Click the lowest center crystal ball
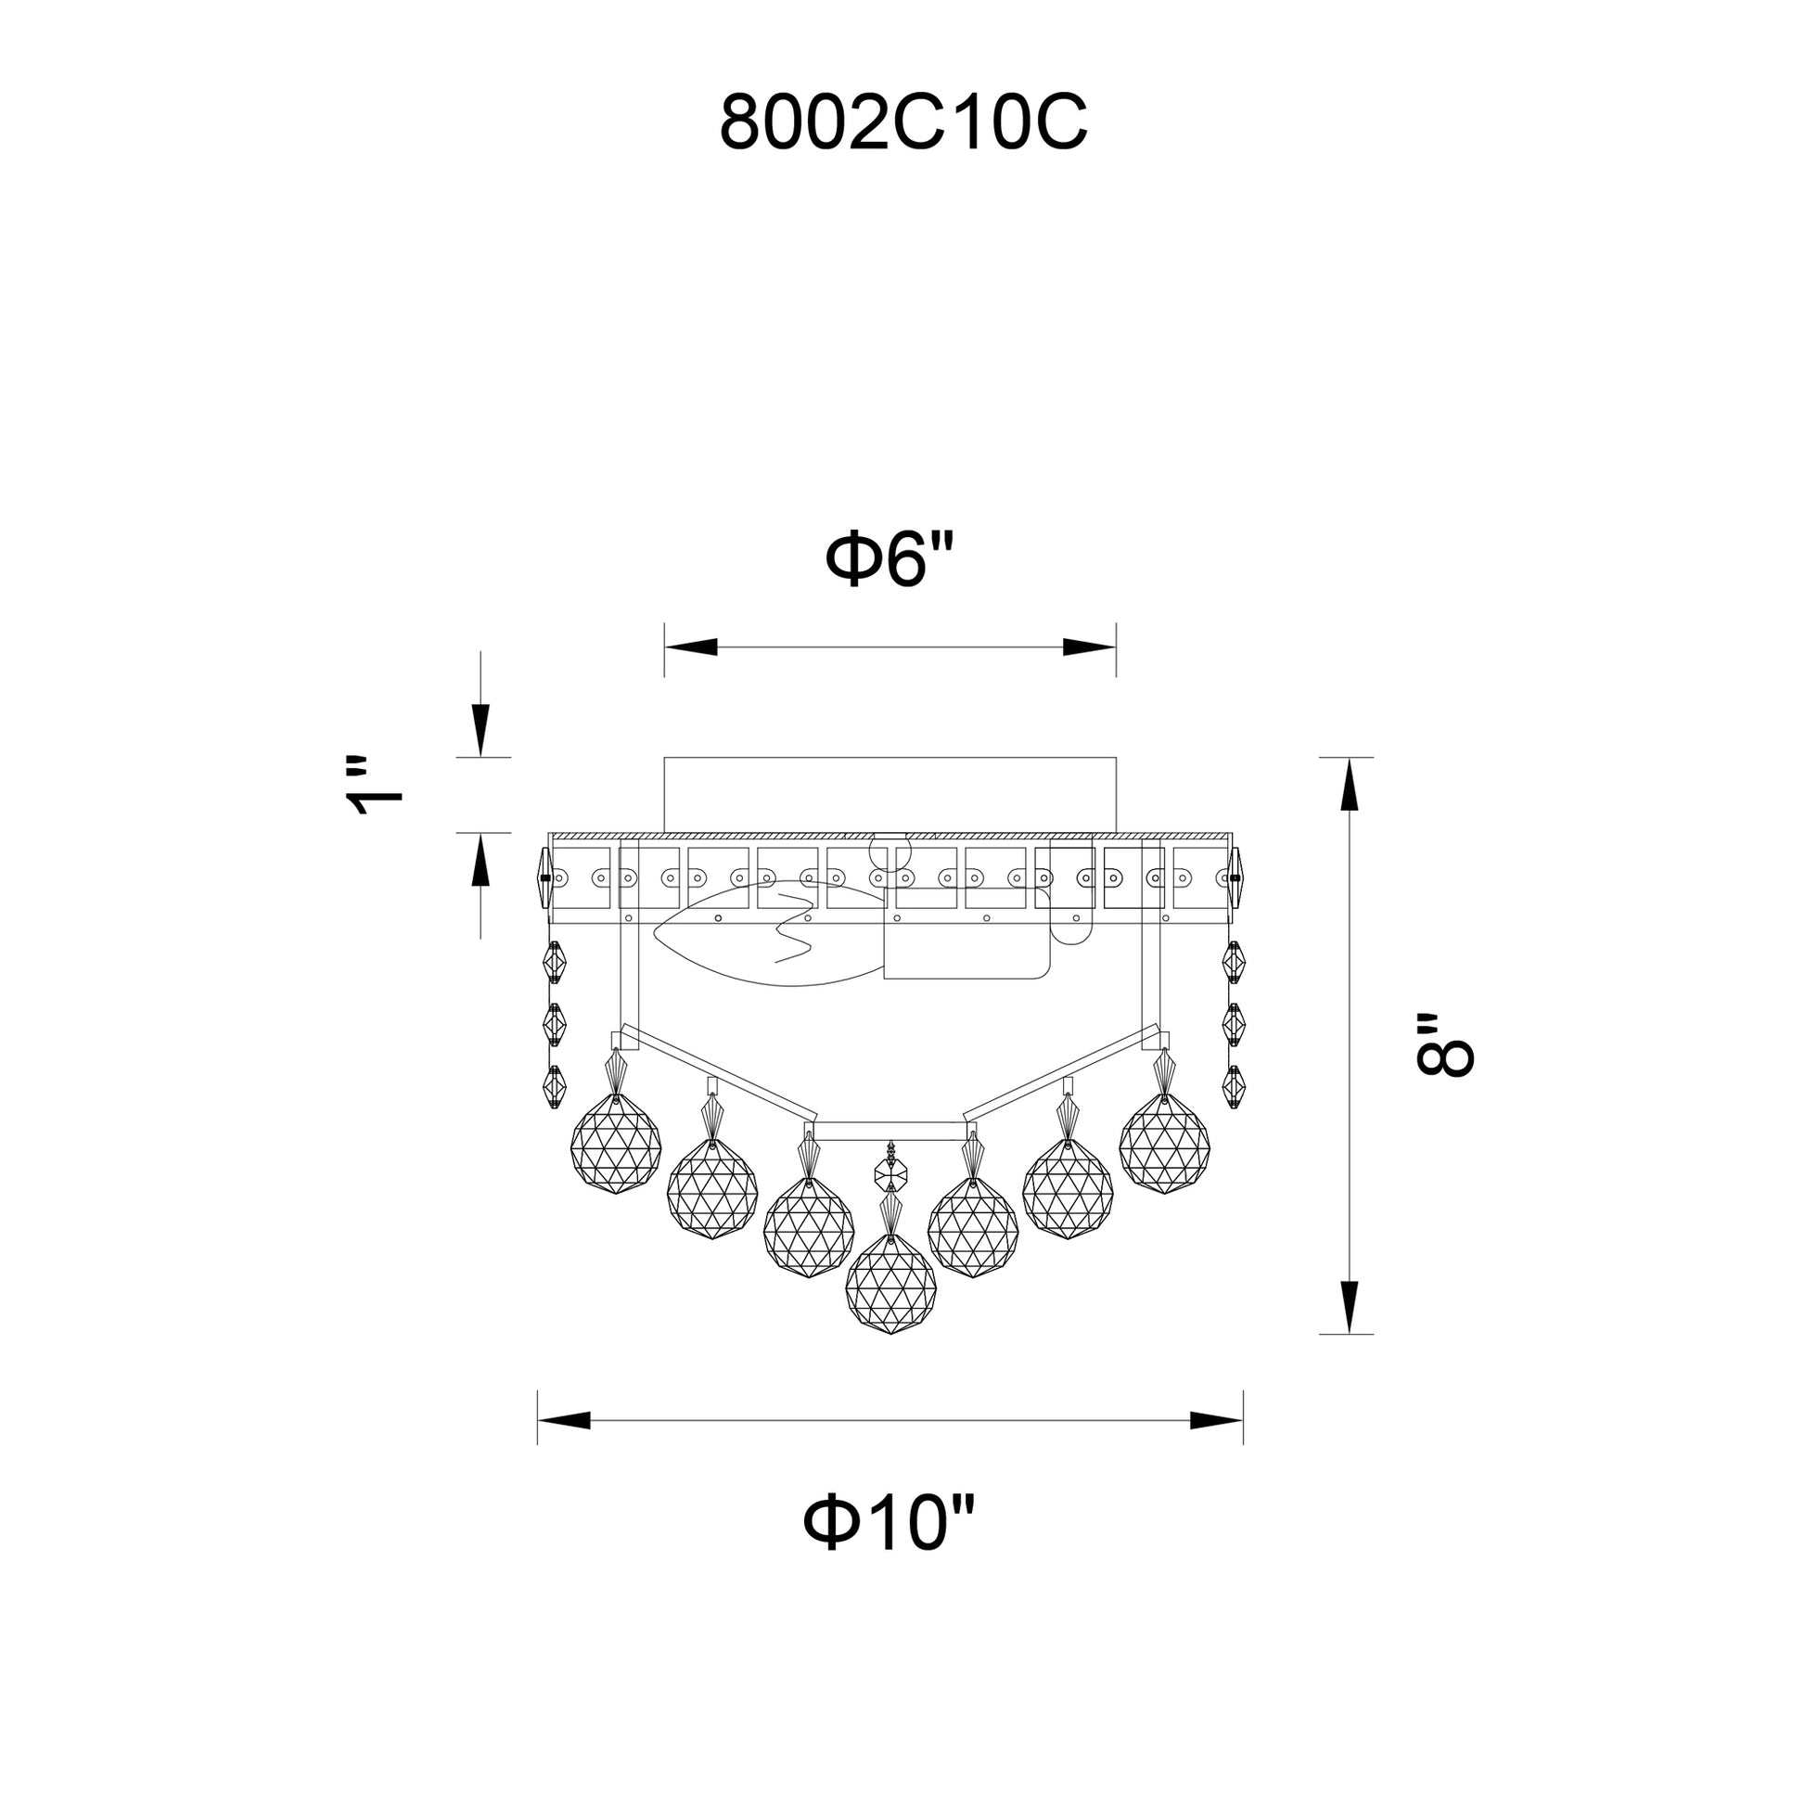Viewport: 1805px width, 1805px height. click(890, 1287)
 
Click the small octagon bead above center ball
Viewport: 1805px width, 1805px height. click(891, 1170)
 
